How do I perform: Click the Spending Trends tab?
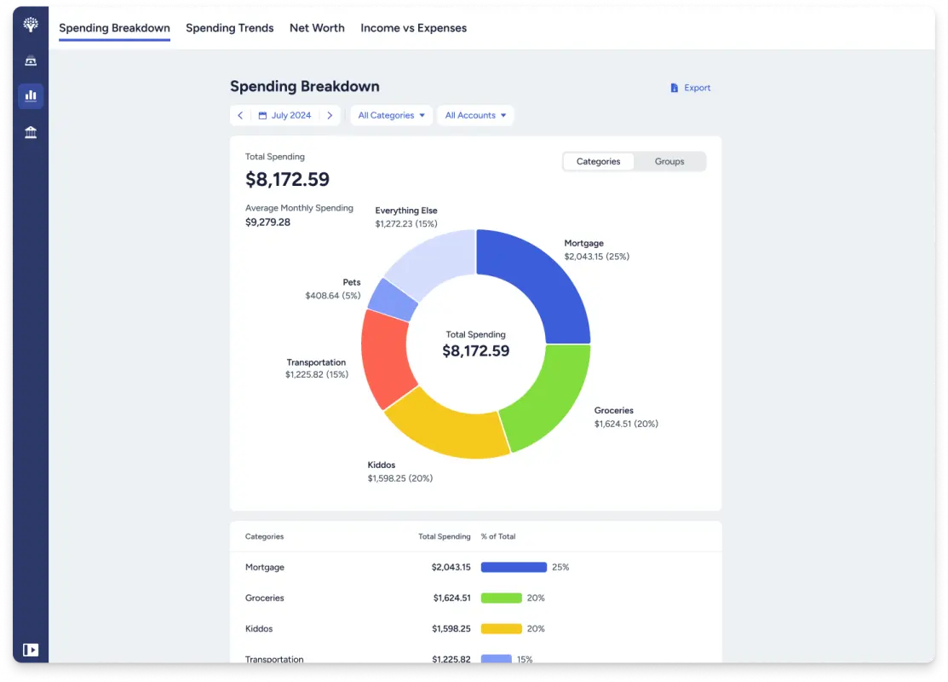[229, 28]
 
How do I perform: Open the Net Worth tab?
[317, 28]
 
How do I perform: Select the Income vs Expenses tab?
[413, 28]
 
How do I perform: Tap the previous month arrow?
[240, 116]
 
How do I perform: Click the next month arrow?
[330, 116]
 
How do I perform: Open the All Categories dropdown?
[391, 116]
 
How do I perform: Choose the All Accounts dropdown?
[475, 116]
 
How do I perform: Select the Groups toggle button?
[669, 162]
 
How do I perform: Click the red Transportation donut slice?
[384, 358]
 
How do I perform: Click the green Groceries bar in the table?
[501, 598]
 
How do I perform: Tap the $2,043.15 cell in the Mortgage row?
[451, 568]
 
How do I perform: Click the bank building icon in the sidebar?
[31, 132]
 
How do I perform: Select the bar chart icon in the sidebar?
[31, 95]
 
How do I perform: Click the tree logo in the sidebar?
[31, 25]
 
